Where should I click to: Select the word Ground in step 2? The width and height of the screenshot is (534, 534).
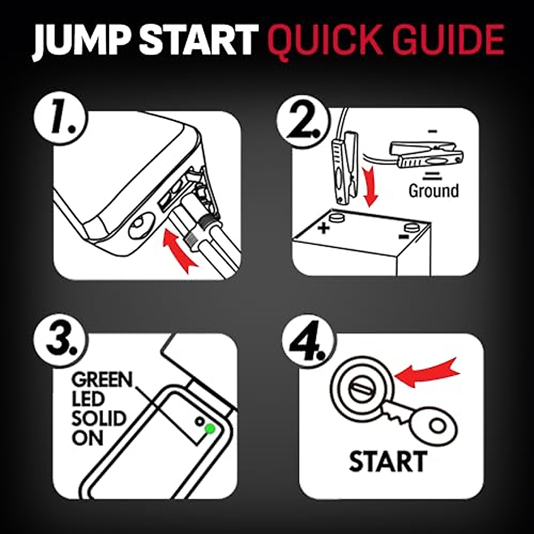tap(434, 190)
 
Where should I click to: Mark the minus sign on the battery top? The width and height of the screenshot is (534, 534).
tap(404, 244)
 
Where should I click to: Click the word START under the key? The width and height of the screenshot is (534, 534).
tap(388, 461)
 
